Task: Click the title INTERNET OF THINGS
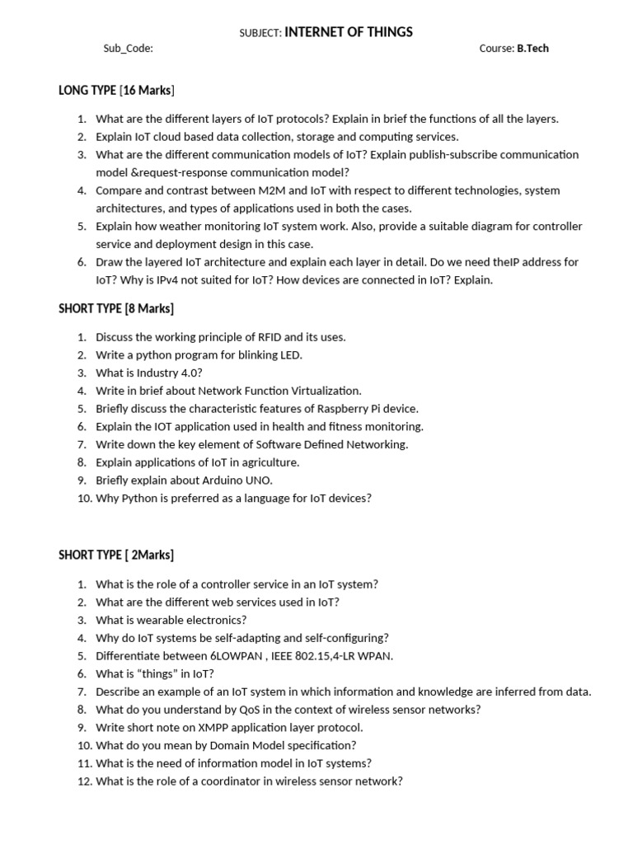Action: point(349,32)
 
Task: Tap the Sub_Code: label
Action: point(128,49)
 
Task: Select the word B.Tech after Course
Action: point(532,49)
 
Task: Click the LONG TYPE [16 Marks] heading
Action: point(116,90)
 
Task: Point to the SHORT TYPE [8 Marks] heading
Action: point(116,308)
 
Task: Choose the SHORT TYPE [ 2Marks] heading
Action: point(116,555)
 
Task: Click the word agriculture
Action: point(268,462)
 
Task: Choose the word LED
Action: point(292,355)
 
